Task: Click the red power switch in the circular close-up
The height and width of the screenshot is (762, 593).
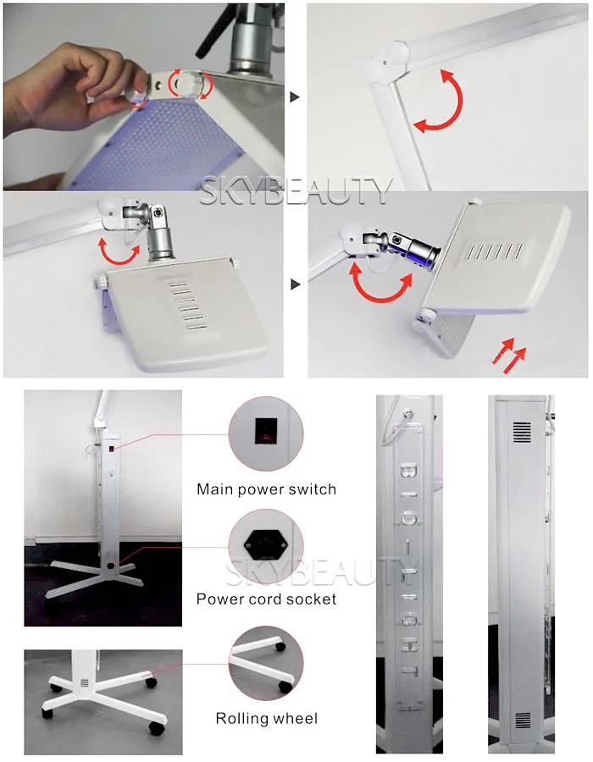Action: point(266,431)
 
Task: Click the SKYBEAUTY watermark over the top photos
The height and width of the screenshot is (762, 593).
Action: point(296,191)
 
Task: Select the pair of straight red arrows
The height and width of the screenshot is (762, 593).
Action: point(508,355)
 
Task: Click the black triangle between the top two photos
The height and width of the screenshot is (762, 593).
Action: point(295,97)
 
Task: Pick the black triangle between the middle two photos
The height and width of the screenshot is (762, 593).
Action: point(295,284)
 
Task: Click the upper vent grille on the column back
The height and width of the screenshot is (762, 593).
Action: point(523,432)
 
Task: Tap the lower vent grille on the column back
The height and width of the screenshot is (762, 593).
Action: point(523,721)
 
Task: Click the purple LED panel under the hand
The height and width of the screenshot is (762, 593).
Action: point(160,146)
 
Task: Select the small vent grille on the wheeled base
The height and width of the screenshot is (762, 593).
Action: point(85,682)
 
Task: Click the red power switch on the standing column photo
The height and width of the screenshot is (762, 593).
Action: point(111,449)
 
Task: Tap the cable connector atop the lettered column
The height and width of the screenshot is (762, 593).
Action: point(407,413)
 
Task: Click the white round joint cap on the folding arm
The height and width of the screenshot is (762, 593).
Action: point(389,61)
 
